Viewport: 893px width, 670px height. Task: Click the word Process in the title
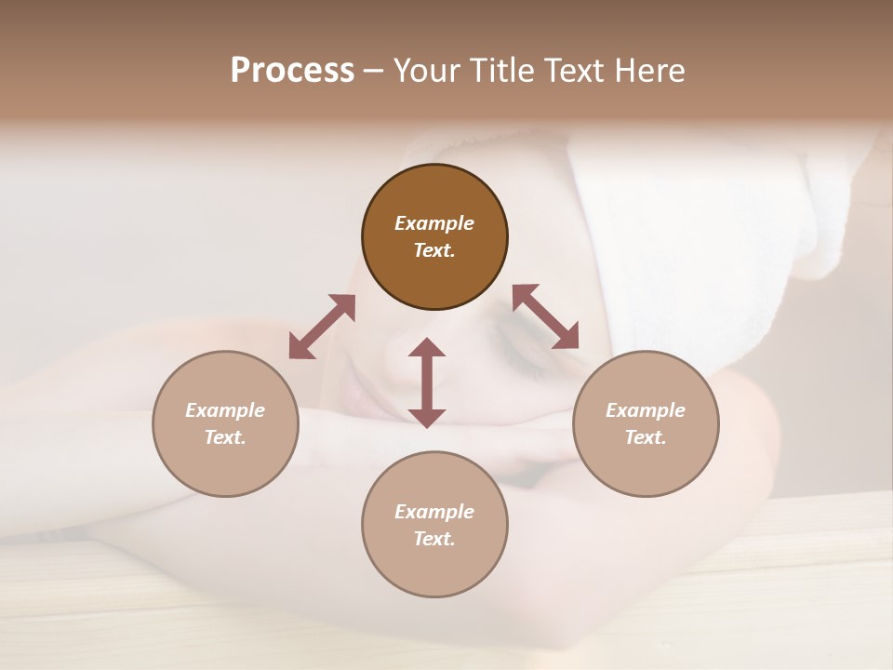click(292, 71)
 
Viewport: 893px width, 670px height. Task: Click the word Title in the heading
click(505, 71)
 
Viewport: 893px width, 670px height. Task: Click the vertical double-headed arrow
click(427, 382)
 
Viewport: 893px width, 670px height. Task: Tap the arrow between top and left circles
click(322, 327)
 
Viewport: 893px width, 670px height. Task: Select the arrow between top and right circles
click(545, 316)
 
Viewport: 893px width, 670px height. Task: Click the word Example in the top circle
click(434, 223)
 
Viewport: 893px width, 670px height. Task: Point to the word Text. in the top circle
click(434, 250)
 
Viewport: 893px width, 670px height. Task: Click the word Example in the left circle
click(225, 410)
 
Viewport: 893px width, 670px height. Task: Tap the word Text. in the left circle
click(225, 437)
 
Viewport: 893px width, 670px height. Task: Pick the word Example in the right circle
click(646, 410)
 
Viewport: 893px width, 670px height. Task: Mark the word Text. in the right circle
click(646, 437)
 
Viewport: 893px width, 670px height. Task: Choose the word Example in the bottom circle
click(434, 512)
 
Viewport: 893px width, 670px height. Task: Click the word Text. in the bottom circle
click(434, 539)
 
